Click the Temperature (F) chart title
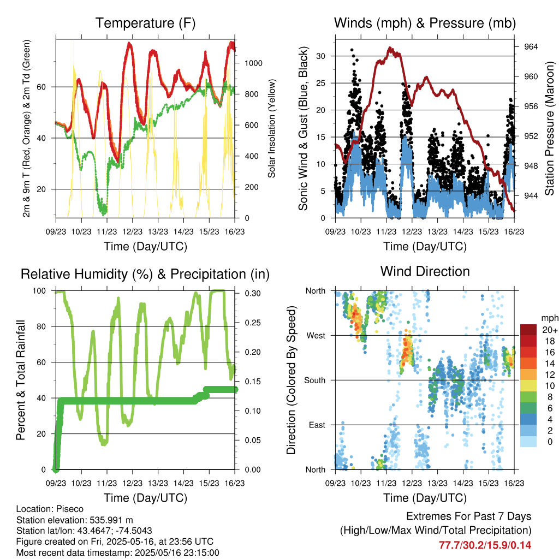[145, 23]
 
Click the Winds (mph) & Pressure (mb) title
[425, 23]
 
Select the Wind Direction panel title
[425, 271]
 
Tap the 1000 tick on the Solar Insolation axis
[253, 63]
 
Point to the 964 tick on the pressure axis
[531, 47]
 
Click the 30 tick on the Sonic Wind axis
[320, 56]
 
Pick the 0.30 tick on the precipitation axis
[253, 293]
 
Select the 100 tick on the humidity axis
[39, 291]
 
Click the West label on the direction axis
[316, 336]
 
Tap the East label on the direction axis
[317, 425]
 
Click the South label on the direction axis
[315, 380]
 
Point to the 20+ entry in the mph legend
[550, 330]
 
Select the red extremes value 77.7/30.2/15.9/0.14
[485, 545]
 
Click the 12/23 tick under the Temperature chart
[132, 231]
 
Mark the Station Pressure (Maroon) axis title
[550, 128]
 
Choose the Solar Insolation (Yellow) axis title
[272, 128]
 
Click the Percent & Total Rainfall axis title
[21, 380]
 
